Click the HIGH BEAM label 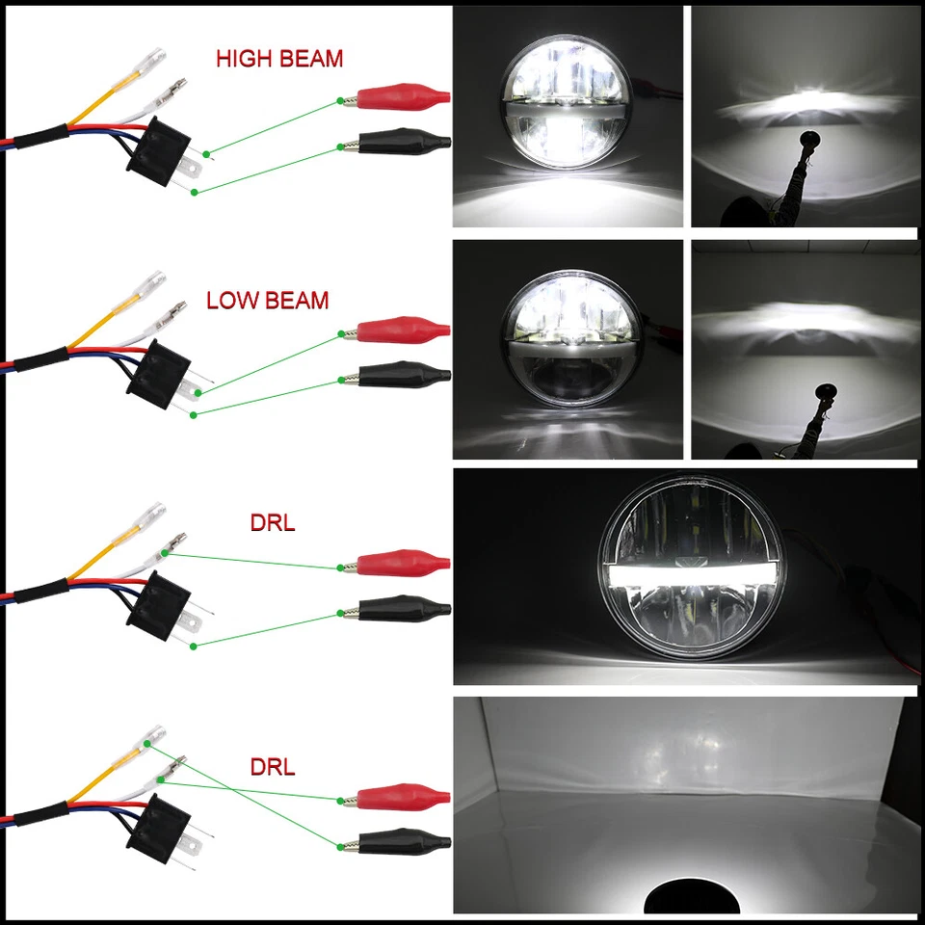[278, 58]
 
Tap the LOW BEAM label [267, 300]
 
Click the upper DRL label [273, 525]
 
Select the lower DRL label [273, 768]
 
